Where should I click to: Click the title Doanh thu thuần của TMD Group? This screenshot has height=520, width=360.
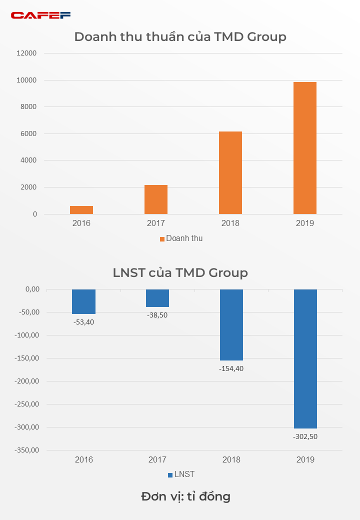tap(180, 37)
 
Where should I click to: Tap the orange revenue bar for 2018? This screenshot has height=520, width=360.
tap(230, 172)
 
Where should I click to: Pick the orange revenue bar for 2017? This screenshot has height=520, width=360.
tap(156, 199)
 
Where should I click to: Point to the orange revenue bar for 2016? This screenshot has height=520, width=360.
tap(81, 210)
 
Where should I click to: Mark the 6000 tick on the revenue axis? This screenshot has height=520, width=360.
tap(28, 133)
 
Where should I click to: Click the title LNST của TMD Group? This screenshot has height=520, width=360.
tap(180, 272)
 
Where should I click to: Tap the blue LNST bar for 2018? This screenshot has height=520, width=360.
tap(231, 324)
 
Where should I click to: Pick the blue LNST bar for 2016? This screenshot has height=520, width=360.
tap(83, 301)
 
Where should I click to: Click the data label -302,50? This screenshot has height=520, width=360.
tap(305, 436)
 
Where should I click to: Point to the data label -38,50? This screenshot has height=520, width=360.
tap(157, 315)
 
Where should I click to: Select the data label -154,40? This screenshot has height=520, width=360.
tap(231, 368)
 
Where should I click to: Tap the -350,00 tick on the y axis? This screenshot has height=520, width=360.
tap(25, 450)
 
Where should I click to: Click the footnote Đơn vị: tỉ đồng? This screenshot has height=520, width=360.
tap(185, 496)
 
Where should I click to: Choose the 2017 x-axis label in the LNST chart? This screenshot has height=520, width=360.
tap(157, 459)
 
